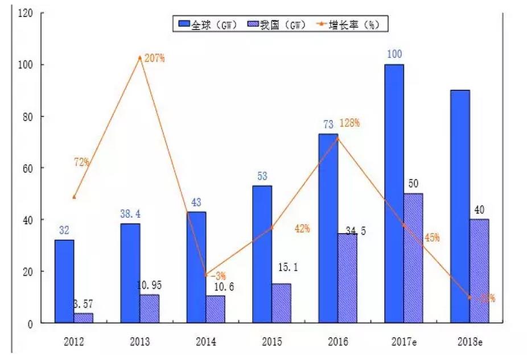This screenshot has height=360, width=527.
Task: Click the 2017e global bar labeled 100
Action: [x=394, y=193]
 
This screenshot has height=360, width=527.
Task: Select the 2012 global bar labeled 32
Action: [x=64, y=282]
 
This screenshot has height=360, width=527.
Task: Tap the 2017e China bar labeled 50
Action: [x=413, y=258]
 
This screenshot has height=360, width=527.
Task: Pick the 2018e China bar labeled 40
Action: [x=479, y=271]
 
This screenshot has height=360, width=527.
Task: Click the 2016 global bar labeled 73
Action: [x=328, y=228]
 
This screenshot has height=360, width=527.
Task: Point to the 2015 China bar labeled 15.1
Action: [x=281, y=303]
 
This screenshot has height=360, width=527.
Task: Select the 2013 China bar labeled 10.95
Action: [x=150, y=309]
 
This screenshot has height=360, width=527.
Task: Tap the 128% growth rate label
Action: [x=349, y=123]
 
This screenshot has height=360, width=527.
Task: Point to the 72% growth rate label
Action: [x=81, y=162]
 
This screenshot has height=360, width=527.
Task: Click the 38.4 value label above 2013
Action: [x=130, y=214]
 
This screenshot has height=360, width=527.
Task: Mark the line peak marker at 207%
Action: [x=140, y=57]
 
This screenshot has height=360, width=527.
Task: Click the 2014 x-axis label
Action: [x=205, y=342]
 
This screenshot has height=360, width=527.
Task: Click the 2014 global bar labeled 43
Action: [x=196, y=267]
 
